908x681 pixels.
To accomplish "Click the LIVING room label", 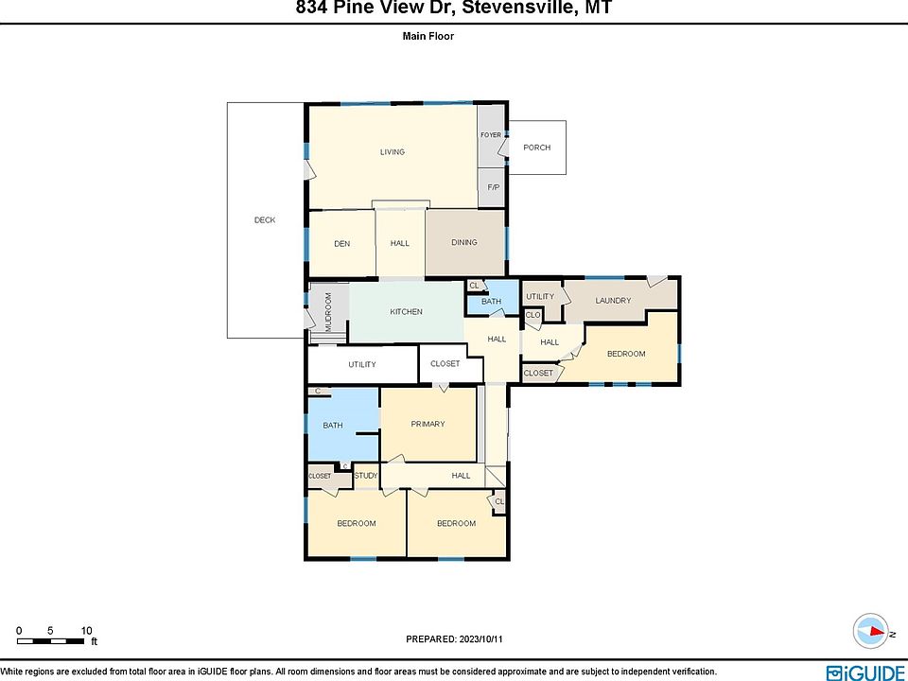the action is (x=392, y=151).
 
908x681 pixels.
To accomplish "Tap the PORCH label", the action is (x=537, y=148).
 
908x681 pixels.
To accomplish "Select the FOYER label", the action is (x=491, y=135).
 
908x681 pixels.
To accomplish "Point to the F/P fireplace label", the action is (x=494, y=187).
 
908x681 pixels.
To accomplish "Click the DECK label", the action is (x=265, y=220).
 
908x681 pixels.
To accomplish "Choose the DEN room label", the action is (x=342, y=244).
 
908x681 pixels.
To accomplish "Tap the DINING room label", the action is (x=464, y=243).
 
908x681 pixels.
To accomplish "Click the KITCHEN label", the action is (x=406, y=311).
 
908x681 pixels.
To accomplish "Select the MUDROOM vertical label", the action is (x=328, y=311).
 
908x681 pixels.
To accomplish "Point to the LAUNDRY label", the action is (x=613, y=301).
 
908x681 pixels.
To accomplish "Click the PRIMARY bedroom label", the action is (x=428, y=424).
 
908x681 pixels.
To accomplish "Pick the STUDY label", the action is (x=366, y=476).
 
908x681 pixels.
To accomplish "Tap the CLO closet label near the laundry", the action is (x=533, y=315).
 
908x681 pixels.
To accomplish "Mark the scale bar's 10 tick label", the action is (x=87, y=631).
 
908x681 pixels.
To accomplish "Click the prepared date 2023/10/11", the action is (x=480, y=639).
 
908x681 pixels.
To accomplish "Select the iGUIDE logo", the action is (x=867, y=672).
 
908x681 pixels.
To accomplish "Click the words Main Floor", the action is (x=428, y=36).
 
